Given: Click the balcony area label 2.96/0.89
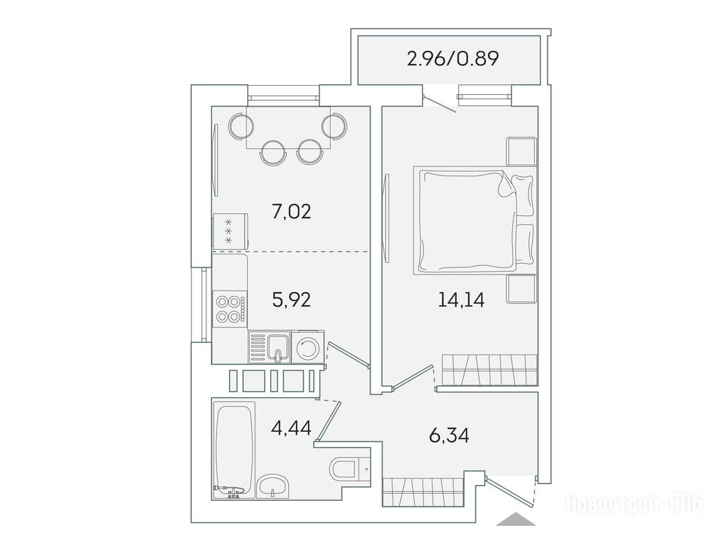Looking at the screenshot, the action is (453, 59).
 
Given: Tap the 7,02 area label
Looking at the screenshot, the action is (292, 212).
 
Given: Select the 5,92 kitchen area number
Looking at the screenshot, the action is (292, 300).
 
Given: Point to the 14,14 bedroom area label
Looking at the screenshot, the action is (461, 300).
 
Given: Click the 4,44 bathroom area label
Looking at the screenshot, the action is (291, 428).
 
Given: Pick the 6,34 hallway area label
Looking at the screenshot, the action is (449, 435).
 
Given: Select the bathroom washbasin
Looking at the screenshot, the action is (272, 487).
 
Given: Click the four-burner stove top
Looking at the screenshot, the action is (230, 309).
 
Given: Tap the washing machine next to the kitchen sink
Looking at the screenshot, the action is (307, 348).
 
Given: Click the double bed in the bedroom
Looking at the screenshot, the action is (473, 221).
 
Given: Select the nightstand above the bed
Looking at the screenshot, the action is (522, 151).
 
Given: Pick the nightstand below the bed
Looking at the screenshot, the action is (522, 289).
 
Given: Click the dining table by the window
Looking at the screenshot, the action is (289, 128).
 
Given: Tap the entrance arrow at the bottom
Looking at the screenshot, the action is (515, 519).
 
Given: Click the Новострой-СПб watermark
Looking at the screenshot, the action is (634, 504).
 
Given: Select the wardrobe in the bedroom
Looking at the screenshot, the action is (489, 370).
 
